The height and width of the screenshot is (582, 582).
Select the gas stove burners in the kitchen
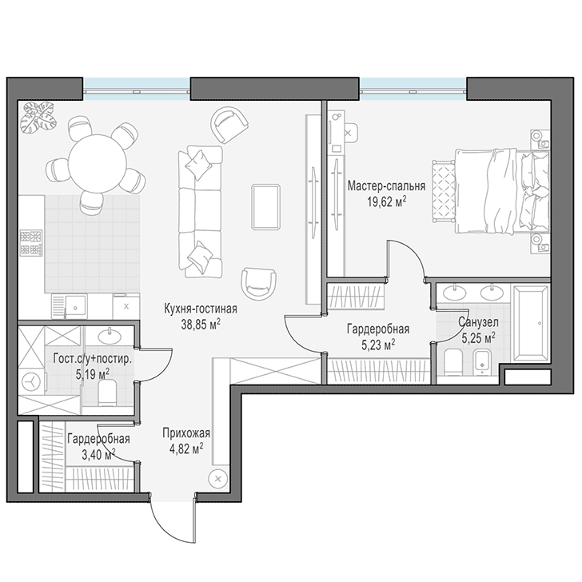31,243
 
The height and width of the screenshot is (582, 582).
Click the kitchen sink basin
75,307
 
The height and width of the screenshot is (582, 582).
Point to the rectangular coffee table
265,207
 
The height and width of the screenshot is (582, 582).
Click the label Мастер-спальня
386,185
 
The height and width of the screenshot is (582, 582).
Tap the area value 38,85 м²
201,325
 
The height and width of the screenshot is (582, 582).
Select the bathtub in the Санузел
530,324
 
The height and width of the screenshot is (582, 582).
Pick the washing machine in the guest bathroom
32,381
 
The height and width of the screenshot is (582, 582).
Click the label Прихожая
186,433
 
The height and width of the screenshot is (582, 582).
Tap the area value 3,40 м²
98,454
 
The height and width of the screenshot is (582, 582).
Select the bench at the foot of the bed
443,191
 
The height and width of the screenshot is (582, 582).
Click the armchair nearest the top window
229,125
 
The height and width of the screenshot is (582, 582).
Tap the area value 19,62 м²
386,203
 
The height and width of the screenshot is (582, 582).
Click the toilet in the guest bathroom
108,392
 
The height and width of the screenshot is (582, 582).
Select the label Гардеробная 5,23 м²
378,337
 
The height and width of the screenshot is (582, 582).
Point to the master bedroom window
413,89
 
